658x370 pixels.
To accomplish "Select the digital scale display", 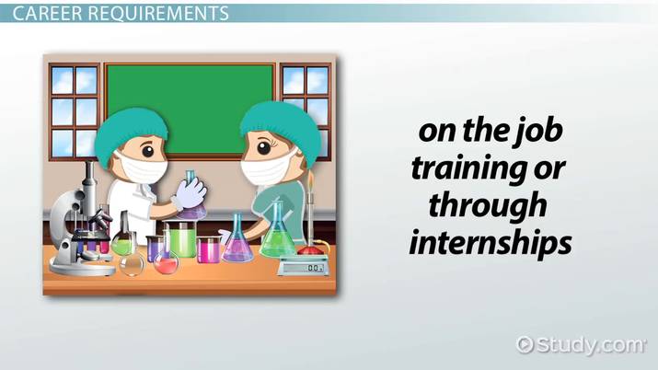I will [x=305, y=267].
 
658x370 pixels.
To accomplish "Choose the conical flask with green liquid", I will [x=273, y=237].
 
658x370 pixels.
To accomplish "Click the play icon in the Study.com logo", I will [x=525, y=345].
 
